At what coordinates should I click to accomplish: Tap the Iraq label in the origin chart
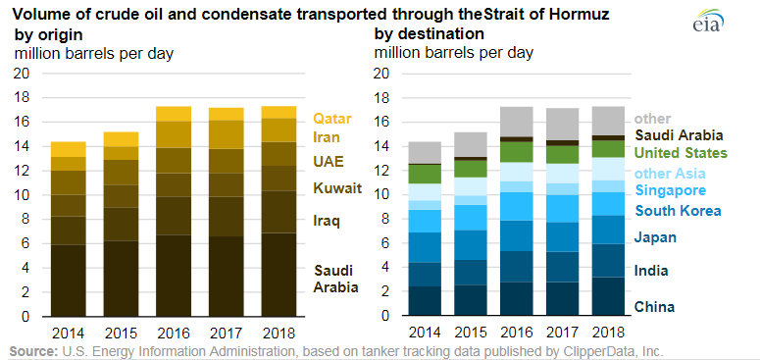click(x=327, y=221)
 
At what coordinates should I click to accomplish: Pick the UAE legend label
click(x=328, y=160)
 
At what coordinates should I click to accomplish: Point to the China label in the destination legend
click(x=655, y=307)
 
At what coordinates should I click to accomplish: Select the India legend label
click(x=652, y=272)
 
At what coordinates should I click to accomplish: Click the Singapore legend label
click(x=670, y=189)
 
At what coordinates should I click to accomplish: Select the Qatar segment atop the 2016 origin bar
click(x=174, y=114)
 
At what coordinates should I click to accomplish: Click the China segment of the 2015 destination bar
click(x=471, y=300)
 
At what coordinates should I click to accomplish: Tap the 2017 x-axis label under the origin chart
click(x=227, y=334)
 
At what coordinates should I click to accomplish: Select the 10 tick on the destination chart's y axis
click(x=383, y=195)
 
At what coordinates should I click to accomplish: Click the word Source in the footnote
click(x=31, y=351)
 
